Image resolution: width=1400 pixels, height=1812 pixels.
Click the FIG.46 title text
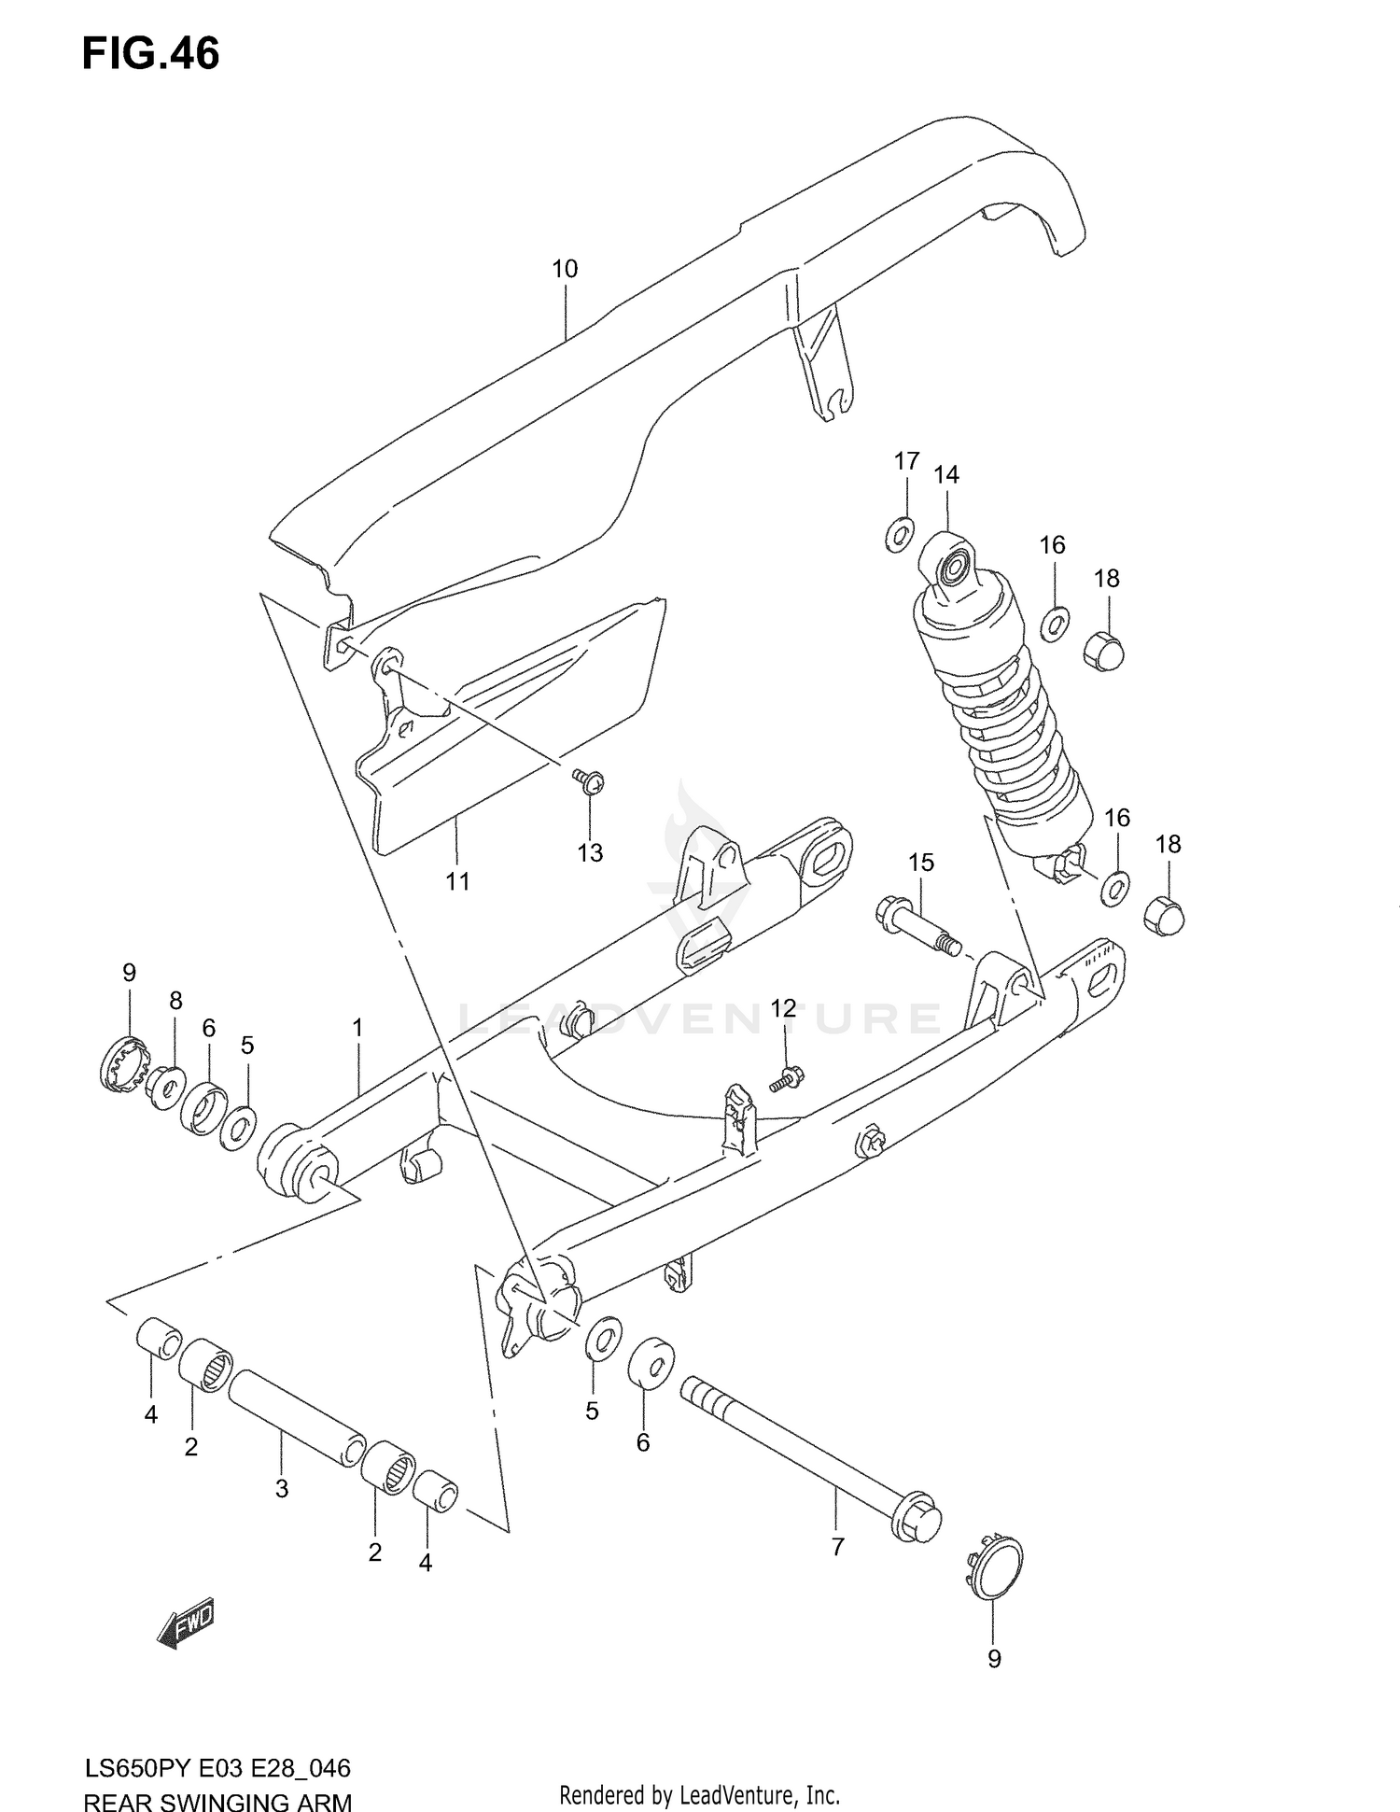coord(150,54)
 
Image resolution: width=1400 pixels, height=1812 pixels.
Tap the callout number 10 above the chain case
coord(565,270)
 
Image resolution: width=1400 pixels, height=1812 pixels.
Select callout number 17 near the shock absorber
coord(906,461)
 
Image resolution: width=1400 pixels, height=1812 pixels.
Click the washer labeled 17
coord(900,536)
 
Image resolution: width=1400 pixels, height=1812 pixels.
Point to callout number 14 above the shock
coord(945,475)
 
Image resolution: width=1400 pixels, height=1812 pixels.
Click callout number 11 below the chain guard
coord(457,881)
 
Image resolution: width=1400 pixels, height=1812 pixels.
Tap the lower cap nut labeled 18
coord(1164,914)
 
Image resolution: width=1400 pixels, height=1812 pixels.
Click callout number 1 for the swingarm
coord(357,1029)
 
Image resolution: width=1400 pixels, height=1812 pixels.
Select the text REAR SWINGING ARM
coord(217,1798)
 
